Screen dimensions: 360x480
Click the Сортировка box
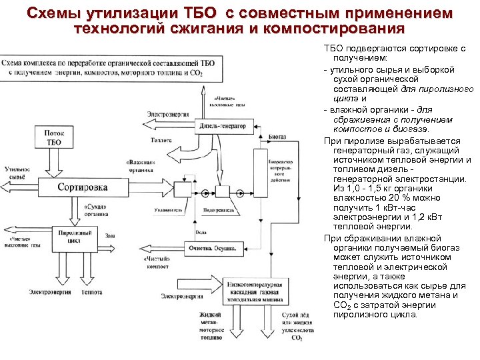click(x=82, y=187)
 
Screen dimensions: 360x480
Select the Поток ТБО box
click(x=55, y=138)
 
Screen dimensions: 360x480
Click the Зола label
click(x=109, y=235)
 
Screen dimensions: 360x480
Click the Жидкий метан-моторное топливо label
click(x=211, y=324)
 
